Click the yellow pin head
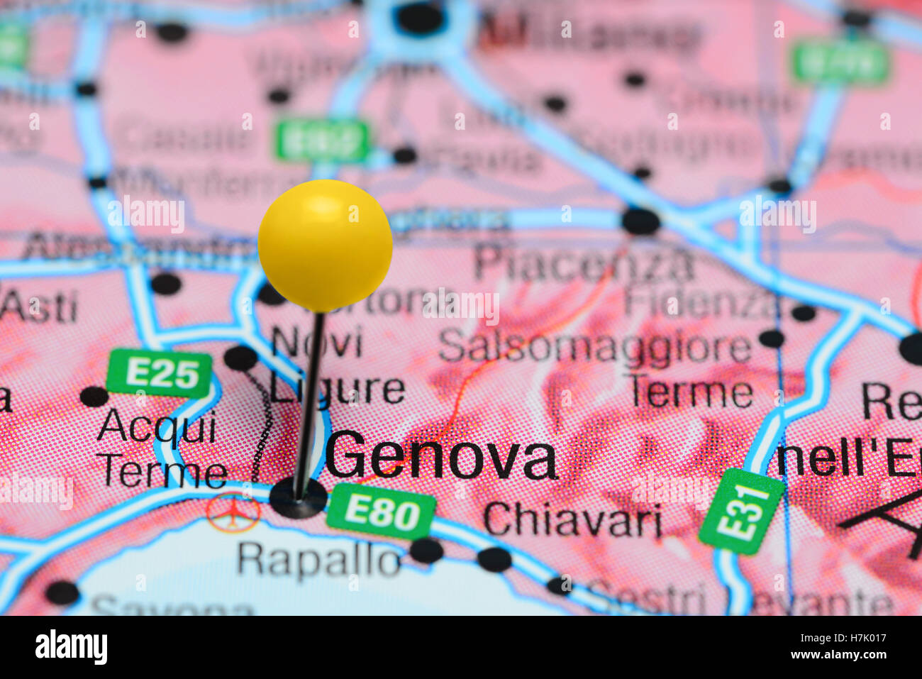[x=325, y=245]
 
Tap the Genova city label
[x=441, y=458]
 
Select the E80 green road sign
[x=382, y=512]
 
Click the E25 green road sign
[x=160, y=373]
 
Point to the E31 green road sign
[x=741, y=510]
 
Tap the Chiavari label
[x=572, y=521]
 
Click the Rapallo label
[x=318, y=560]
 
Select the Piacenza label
[x=584, y=264]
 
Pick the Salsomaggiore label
[x=594, y=348]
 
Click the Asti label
[x=38, y=307]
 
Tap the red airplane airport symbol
[x=233, y=512]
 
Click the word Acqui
[x=157, y=428]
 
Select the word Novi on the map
[x=316, y=343]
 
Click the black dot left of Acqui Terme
[x=94, y=396]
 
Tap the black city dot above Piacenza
[x=640, y=221]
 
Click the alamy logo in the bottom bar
[x=71, y=647]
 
